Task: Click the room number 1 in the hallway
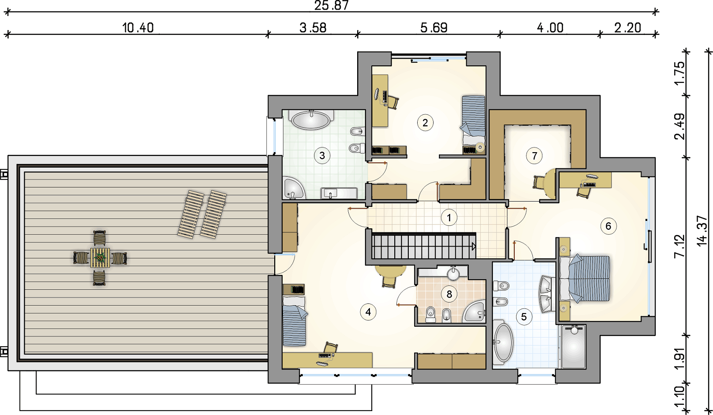449,218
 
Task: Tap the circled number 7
534,156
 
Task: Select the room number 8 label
449,294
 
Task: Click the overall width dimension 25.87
332,5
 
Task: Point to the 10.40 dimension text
138,28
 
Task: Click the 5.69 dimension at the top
434,28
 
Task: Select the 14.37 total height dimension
702,231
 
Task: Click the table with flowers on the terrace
100,258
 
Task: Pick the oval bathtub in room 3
311,120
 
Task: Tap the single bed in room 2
473,120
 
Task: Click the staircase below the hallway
423,246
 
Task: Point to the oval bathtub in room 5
503,343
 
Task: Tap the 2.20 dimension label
627,28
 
